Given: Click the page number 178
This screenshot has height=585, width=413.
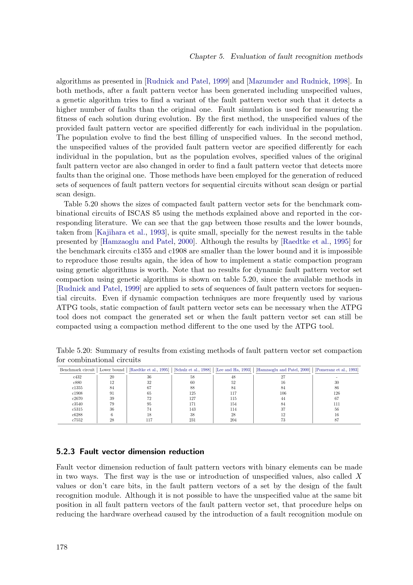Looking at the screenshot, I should [62, 547].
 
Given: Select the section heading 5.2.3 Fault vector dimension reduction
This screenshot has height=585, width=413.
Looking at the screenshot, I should [130, 451].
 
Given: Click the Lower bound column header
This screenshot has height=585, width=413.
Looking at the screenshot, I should [112, 370].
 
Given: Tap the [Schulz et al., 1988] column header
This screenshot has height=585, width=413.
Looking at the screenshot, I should [192, 370].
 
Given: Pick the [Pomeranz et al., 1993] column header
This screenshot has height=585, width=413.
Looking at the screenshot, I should [336, 370].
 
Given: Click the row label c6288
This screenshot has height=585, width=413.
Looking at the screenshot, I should [77, 414].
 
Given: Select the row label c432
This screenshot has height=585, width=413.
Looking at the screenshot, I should [77, 377].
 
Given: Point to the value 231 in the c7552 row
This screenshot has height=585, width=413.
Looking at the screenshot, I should [192, 420].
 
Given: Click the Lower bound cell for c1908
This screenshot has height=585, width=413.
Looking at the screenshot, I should [112, 393].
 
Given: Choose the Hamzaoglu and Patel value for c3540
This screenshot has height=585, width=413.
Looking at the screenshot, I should [283, 404].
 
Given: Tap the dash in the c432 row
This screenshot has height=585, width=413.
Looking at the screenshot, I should [337, 377].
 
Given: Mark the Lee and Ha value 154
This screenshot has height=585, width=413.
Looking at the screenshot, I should [233, 404].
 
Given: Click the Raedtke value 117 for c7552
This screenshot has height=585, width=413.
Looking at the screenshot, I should [149, 420].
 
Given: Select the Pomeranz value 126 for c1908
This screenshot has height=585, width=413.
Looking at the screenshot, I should [337, 393].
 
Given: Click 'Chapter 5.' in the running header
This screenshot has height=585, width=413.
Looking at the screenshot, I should [207, 57].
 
